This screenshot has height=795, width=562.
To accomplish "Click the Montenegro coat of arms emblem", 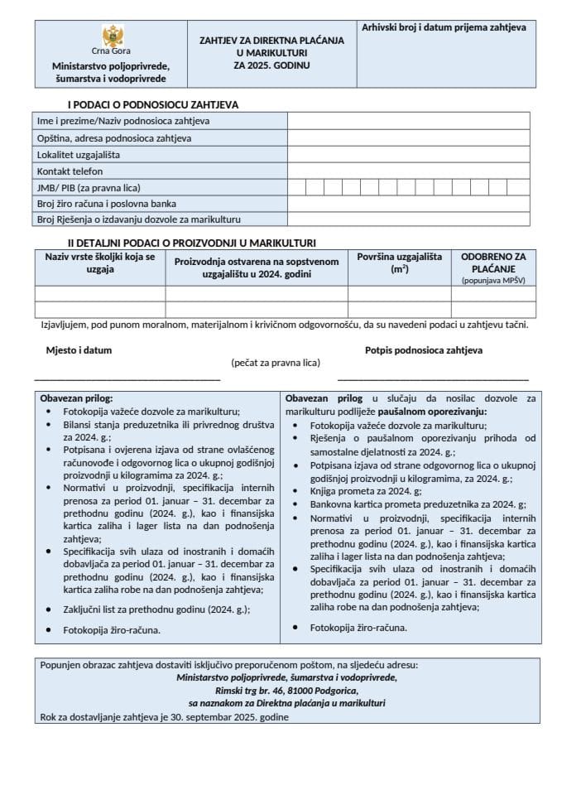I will coord(113,36).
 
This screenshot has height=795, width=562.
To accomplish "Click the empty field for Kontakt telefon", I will coord(408,171).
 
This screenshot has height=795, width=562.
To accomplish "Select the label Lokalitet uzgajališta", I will coord(79,154).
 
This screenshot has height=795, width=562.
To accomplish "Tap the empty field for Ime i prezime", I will coord(408,121).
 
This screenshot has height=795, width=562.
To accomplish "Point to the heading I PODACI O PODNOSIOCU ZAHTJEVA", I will coord(153,104).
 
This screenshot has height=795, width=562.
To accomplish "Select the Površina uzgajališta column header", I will coord(400,263).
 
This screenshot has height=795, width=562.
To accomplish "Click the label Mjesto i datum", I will coord(79,350).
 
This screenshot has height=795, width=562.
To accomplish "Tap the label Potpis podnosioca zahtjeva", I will coord(424,350).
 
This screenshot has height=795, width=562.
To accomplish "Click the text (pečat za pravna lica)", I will coord(276,363).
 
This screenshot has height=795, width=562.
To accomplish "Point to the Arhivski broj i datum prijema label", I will coord(444,27).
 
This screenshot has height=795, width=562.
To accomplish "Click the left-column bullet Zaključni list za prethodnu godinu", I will coord(156,609).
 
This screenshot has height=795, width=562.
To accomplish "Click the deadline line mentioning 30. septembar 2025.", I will coord(164,716).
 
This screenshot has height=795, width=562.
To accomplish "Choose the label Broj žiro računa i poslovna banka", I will coord(107,203).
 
